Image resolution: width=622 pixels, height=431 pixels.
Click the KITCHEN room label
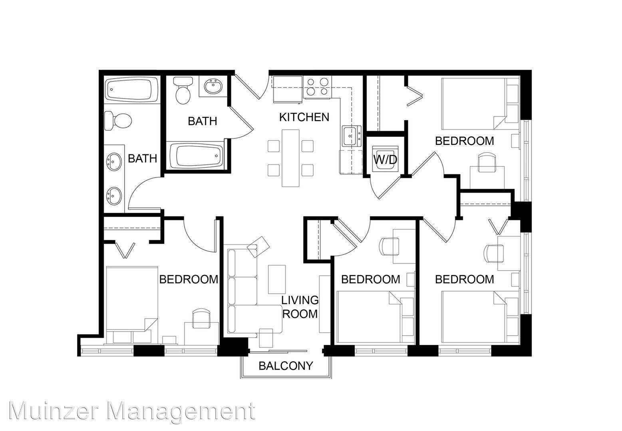(304, 117)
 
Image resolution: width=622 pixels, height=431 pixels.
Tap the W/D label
(385, 160)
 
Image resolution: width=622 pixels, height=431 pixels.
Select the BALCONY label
(286, 366)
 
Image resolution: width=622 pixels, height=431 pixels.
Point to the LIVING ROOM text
(300, 307)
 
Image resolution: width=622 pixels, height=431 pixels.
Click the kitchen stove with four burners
(318, 87)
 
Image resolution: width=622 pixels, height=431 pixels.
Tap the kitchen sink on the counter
(352, 136)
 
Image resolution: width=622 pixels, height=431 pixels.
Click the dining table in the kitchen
(291, 158)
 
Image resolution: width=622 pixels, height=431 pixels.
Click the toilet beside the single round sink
(183, 91)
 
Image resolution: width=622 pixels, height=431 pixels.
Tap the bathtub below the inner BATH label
(196, 156)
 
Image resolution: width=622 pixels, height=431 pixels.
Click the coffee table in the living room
(277, 279)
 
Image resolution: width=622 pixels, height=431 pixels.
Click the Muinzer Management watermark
(132, 411)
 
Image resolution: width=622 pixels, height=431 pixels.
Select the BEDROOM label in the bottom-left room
(189, 279)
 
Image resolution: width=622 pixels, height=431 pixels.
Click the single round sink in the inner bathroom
(213, 87)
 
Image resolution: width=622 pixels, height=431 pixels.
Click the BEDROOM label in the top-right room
(465, 141)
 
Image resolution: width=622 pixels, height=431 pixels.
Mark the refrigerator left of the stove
(287, 89)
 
